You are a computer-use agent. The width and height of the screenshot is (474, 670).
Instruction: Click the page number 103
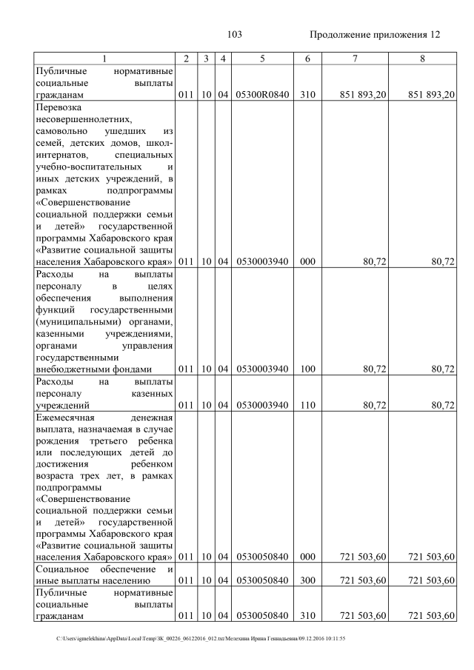236,35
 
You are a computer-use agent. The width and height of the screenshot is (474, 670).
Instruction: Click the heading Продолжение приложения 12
375,35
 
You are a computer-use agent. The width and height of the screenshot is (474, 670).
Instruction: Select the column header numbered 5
262,58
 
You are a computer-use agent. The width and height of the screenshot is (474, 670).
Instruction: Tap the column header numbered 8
421,58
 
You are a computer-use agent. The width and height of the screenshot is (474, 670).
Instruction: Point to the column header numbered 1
104,58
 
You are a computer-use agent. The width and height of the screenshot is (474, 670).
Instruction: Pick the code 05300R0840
262,95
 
